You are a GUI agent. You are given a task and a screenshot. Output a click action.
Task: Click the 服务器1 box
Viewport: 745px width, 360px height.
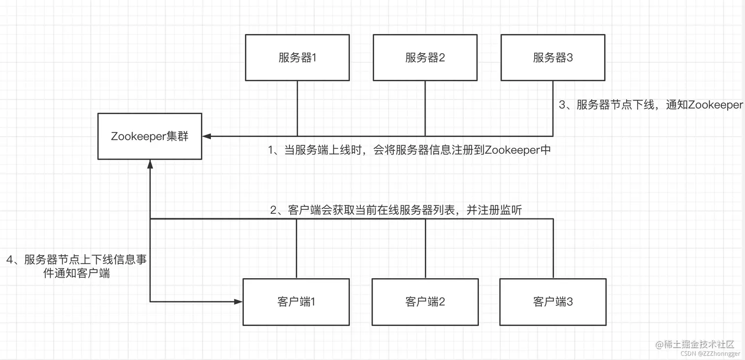tap(297, 58)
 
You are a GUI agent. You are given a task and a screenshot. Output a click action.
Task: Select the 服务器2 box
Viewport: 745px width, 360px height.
tap(425, 58)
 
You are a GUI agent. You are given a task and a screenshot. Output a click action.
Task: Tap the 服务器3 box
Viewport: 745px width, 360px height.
tap(553, 58)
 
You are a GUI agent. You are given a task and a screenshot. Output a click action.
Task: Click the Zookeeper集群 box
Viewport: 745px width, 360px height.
tap(150, 136)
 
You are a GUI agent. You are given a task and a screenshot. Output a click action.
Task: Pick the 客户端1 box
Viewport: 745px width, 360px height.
tap(296, 302)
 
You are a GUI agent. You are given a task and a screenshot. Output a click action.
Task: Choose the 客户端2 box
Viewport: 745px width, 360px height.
tap(425, 302)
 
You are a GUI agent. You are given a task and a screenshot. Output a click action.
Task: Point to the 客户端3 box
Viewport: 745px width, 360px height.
tap(553, 302)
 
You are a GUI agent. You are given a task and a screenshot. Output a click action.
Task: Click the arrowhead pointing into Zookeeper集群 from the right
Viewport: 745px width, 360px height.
tap(206, 136)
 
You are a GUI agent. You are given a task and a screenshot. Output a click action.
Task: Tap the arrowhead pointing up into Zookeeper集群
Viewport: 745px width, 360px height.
tap(150, 164)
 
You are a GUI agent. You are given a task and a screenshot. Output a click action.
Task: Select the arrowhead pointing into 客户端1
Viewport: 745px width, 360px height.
tap(238, 301)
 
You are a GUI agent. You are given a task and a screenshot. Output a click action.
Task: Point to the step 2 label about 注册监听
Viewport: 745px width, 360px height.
tap(396, 210)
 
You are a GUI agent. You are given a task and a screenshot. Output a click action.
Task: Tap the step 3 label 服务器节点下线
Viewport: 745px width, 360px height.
tap(650, 104)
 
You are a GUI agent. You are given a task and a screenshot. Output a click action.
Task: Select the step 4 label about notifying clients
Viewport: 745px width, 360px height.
tap(76, 266)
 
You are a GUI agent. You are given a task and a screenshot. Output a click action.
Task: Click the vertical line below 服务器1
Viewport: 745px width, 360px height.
tap(297, 108)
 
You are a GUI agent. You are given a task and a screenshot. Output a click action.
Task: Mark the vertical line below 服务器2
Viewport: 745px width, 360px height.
tap(425, 108)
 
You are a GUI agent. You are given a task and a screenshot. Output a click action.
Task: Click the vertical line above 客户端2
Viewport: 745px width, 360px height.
tap(425, 249)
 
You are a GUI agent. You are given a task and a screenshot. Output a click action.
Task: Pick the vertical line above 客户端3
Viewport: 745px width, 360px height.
tap(553, 249)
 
